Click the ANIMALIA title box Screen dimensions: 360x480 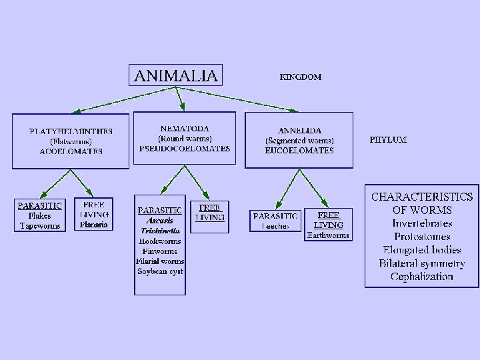(x=175, y=75)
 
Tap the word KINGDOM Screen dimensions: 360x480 (x=299, y=77)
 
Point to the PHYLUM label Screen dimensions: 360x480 (x=388, y=140)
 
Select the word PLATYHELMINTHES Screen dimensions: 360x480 (x=71, y=131)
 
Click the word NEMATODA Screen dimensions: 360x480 (x=185, y=128)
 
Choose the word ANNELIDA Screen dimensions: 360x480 (x=299, y=131)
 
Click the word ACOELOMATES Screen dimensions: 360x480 (x=71, y=151)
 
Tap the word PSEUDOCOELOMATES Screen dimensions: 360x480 (x=185, y=148)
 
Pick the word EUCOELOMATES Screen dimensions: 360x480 (x=299, y=151)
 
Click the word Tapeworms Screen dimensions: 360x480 (x=40, y=225)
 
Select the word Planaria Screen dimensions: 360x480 (x=93, y=225)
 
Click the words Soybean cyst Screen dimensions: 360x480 (x=160, y=271)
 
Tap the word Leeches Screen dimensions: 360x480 (x=275, y=227)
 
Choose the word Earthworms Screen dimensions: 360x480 (x=329, y=235)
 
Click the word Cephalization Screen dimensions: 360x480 (x=422, y=277)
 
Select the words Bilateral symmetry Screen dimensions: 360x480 (x=422, y=263)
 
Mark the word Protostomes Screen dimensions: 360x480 (x=422, y=237)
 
